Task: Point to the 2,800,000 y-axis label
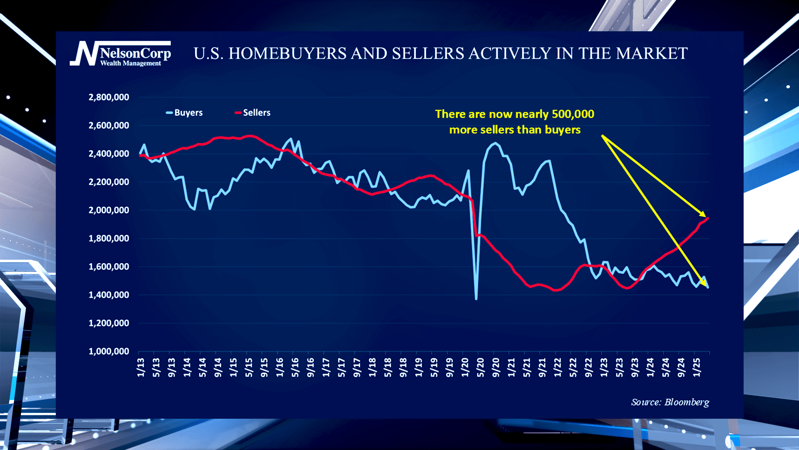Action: [x=109, y=97]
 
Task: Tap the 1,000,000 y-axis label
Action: [x=109, y=351]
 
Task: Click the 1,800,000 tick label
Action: [x=109, y=238]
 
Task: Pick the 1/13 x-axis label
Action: [x=141, y=367]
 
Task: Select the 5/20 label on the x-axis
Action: [x=480, y=367]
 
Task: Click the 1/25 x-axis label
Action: [x=696, y=367]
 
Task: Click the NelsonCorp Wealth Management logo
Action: [x=121, y=53]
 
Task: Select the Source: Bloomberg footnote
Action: [x=670, y=402]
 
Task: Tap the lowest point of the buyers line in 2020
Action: [x=476, y=299]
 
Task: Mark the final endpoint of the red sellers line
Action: [x=708, y=218]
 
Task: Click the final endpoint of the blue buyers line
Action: [x=708, y=287]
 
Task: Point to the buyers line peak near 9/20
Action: [x=494, y=143]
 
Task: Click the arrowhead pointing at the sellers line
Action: [x=703, y=215]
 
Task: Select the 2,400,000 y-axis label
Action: [x=109, y=154]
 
